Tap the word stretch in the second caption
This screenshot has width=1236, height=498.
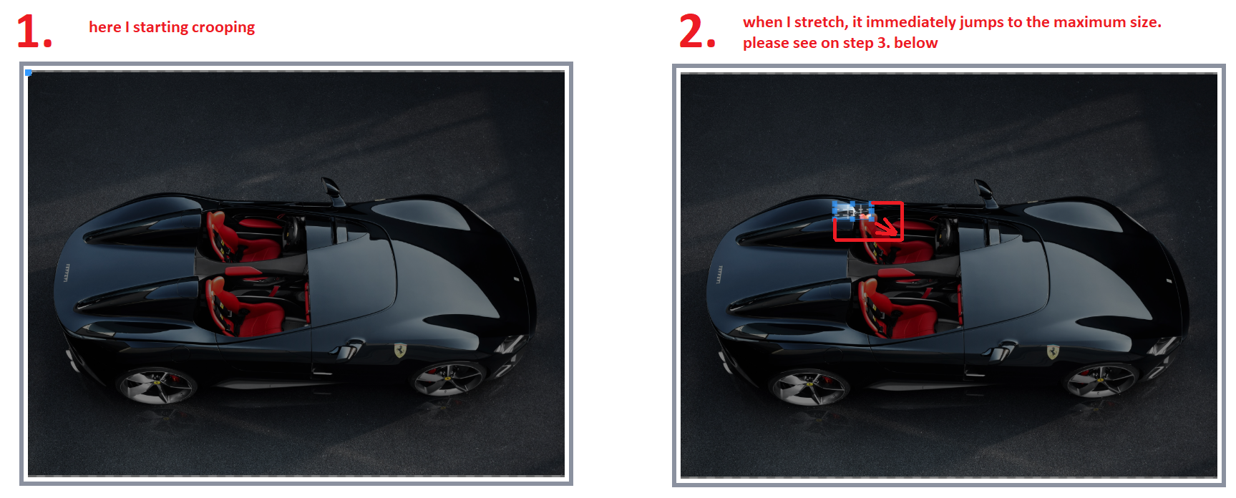[x=820, y=22]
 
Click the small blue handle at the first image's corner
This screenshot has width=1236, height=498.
[x=29, y=72]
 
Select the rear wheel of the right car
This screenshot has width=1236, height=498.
[x=809, y=386]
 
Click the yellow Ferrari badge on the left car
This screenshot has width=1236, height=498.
[x=400, y=350]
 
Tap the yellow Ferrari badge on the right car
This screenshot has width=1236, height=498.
[x=1053, y=351]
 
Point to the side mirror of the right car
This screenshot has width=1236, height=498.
[x=984, y=190]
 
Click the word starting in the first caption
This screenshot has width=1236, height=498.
[x=160, y=27]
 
